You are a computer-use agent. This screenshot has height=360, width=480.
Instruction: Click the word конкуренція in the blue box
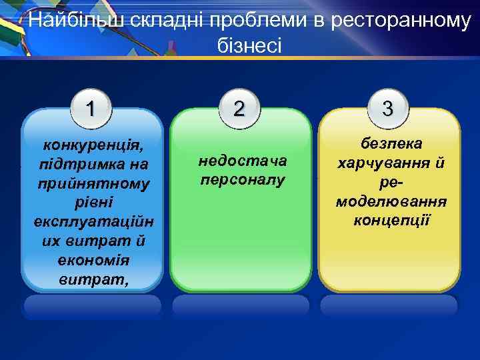[93, 145]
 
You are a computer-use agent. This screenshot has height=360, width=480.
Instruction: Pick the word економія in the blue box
[93, 260]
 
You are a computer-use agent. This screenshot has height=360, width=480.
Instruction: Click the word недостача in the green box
[242, 161]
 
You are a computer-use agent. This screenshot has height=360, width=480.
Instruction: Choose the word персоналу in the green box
[242, 180]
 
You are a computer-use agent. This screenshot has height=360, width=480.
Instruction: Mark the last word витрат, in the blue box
[93, 279]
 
